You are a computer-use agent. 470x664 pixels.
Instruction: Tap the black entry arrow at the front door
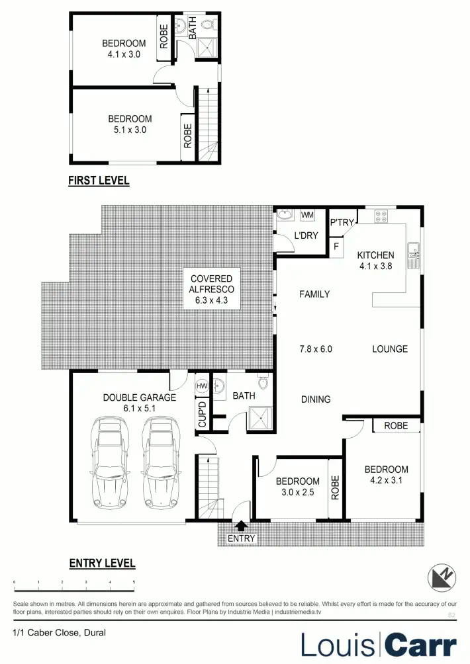[x=241, y=526]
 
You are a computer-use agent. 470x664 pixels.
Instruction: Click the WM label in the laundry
[x=307, y=215]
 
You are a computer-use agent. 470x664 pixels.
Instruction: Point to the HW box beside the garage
[x=201, y=386]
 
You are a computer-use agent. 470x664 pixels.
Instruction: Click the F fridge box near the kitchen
[x=336, y=247]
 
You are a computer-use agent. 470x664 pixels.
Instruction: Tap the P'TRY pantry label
[x=343, y=223]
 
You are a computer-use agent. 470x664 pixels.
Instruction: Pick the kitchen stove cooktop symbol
[x=382, y=214]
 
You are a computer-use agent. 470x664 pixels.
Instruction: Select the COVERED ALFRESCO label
[x=211, y=289]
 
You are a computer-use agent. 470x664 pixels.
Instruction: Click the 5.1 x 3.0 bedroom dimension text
[x=130, y=130]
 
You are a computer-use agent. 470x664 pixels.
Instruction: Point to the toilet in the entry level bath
[x=263, y=382]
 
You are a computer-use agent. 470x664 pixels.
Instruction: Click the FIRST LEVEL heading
[x=99, y=180]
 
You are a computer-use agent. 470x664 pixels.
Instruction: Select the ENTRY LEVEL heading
[x=102, y=563]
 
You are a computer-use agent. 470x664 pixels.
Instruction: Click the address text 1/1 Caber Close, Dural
[x=59, y=632]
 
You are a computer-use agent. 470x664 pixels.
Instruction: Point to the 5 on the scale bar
[x=134, y=583]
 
